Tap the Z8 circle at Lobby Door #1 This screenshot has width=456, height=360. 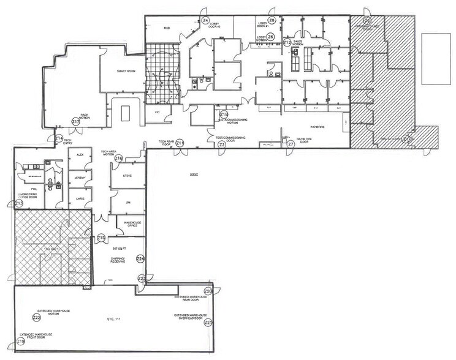272,20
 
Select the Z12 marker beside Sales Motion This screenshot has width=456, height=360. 286,42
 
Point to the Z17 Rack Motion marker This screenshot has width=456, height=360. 76,122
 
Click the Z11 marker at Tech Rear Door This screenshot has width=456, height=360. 180,143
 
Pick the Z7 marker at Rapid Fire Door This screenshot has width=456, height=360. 291,144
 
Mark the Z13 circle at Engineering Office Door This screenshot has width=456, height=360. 18,203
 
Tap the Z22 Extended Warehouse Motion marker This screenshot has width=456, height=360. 37,318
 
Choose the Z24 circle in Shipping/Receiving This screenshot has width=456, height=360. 140,259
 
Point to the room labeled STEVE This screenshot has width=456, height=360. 127,176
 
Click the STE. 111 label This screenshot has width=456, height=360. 112,320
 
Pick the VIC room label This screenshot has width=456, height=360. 156,113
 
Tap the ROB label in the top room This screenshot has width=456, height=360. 166,28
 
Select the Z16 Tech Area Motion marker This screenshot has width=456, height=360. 118,159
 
